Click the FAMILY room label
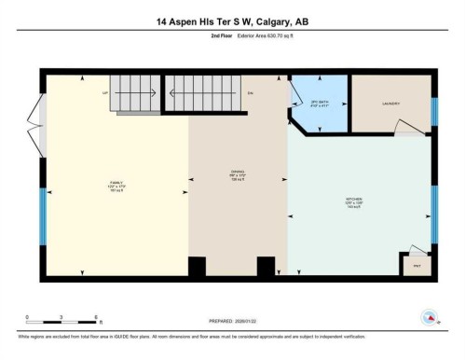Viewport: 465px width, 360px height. click(x=116, y=184)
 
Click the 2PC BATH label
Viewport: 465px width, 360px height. click(x=320, y=104)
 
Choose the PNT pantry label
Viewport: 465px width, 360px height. click(x=417, y=266)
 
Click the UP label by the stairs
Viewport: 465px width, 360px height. click(x=106, y=93)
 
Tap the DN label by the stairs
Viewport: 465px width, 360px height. click(x=250, y=93)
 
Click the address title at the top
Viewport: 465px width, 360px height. click(x=232, y=21)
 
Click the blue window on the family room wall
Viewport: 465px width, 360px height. click(x=41, y=219)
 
